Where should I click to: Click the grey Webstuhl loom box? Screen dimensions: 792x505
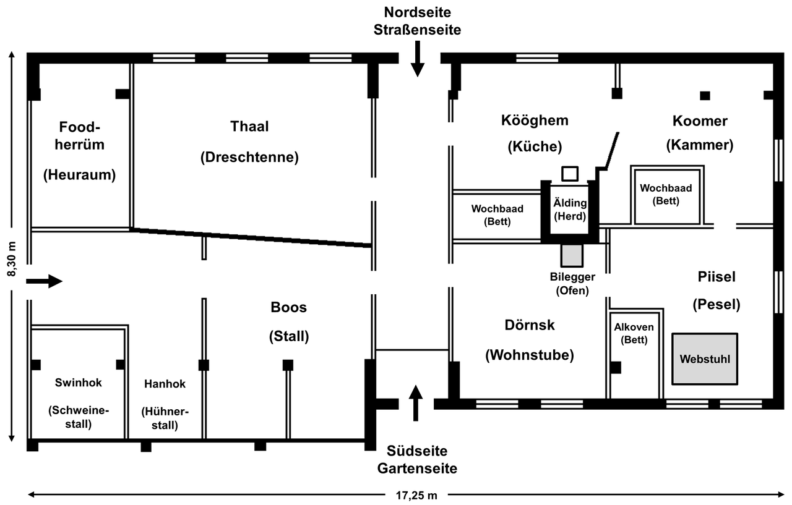coord(705,359)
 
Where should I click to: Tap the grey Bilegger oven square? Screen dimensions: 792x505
coord(572,255)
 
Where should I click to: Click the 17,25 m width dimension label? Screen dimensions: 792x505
coord(416,496)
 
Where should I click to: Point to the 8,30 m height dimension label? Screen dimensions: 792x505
coord(12,259)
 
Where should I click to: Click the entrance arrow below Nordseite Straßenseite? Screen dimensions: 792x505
coord(418,59)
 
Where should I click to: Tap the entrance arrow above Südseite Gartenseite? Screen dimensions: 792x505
coord(415,403)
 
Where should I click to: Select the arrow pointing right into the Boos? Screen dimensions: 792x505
coord(45,281)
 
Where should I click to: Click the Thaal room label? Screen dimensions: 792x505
coord(249,127)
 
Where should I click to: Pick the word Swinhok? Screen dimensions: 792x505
coord(79,383)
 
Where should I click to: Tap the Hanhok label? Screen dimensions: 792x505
coord(165,383)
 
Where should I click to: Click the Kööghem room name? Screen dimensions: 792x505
coord(535,121)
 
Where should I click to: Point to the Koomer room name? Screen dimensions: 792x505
coord(700,121)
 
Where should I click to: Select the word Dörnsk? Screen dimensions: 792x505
coord(530,325)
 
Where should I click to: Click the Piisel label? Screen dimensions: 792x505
coord(717,277)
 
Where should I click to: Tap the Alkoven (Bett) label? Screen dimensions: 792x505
coord(634,333)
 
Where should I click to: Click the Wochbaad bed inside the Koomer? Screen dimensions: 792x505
coord(667,195)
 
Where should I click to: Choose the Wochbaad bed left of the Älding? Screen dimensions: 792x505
coord(497,216)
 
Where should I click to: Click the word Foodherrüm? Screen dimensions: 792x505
coord(80,135)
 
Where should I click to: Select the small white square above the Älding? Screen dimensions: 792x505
coord(570,174)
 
